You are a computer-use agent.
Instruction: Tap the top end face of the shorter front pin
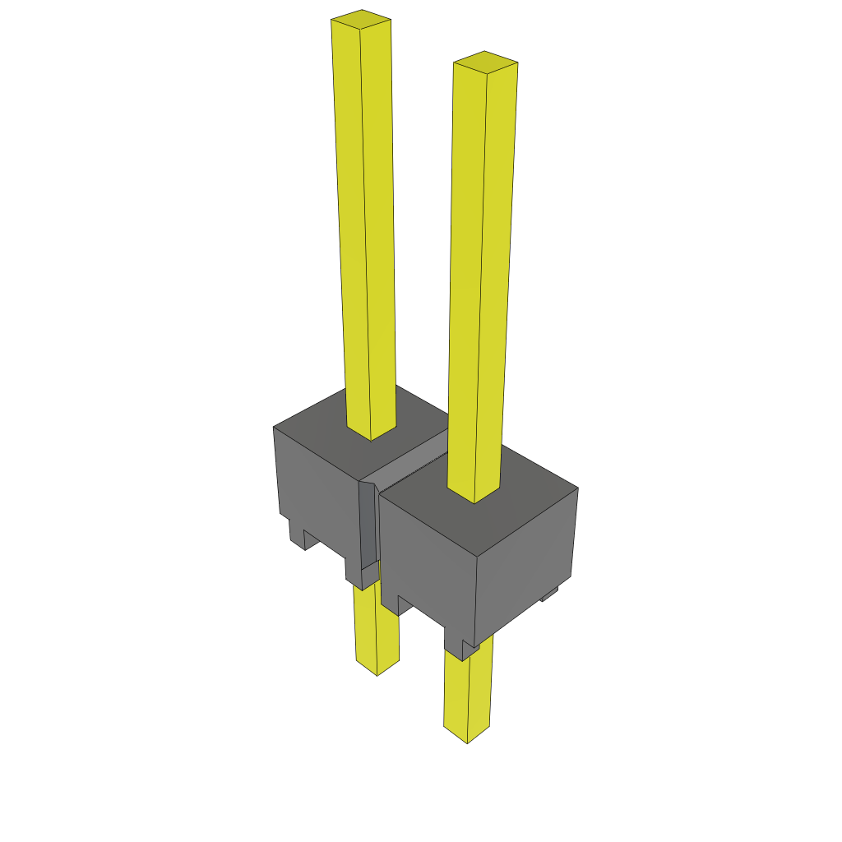(x=485, y=62)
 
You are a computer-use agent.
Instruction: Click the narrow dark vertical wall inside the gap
(x=368, y=526)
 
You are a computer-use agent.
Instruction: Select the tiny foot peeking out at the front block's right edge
(x=550, y=593)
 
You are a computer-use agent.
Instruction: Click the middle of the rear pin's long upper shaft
(x=365, y=222)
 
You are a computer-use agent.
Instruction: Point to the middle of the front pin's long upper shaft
(x=480, y=280)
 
